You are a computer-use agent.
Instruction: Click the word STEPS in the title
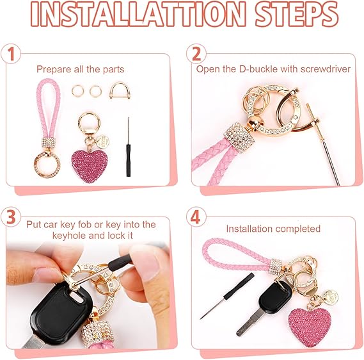point(296,13)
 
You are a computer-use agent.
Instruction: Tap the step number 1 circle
point(11,54)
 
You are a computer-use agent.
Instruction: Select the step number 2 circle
point(196,54)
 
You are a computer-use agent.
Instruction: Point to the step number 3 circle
point(11,217)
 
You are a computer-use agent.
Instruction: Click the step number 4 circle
point(196,217)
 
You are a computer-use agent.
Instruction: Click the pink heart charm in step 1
point(90,166)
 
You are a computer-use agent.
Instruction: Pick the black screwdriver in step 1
point(128,147)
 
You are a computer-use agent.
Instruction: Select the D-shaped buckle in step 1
point(120,90)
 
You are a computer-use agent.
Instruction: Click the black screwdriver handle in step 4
point(239,286)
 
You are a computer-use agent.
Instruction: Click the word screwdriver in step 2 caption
point(326,69)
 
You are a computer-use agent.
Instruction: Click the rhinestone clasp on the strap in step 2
point(239,136)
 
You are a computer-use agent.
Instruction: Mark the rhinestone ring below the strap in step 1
point(47,165)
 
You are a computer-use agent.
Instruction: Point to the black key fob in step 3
point(61,314)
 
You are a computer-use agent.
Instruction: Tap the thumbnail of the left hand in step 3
point(46,275)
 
